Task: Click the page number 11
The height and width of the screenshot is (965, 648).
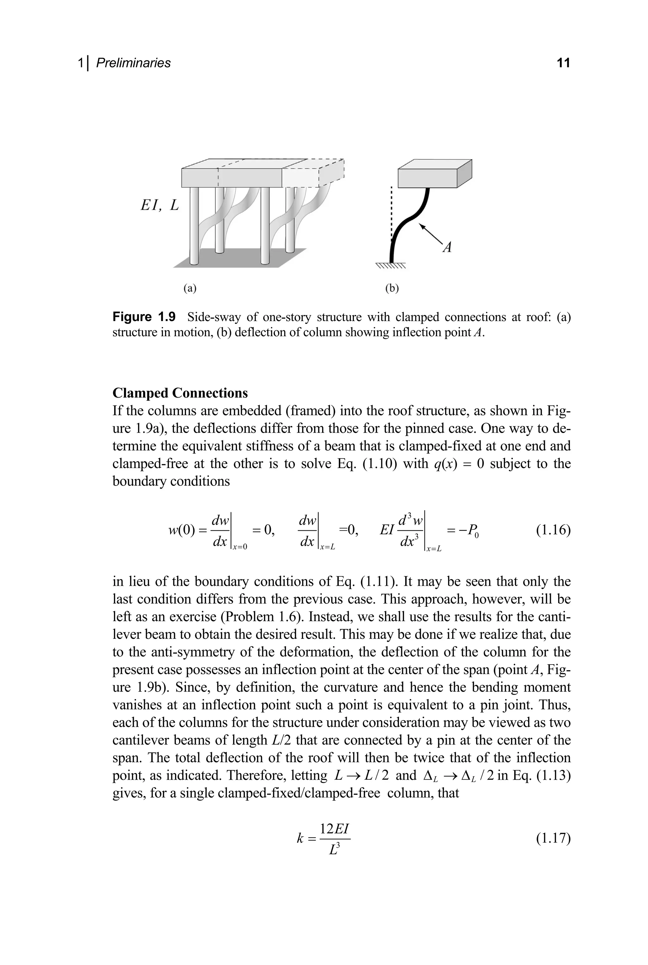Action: [563, 63]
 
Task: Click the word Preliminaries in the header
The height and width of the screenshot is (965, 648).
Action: [133, 63]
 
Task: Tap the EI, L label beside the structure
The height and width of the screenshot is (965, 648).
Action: [159, 205]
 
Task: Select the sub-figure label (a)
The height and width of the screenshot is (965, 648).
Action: [190, 288]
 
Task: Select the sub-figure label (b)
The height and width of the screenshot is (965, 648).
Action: [392, 288]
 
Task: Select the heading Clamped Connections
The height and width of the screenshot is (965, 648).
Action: [180, 393]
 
